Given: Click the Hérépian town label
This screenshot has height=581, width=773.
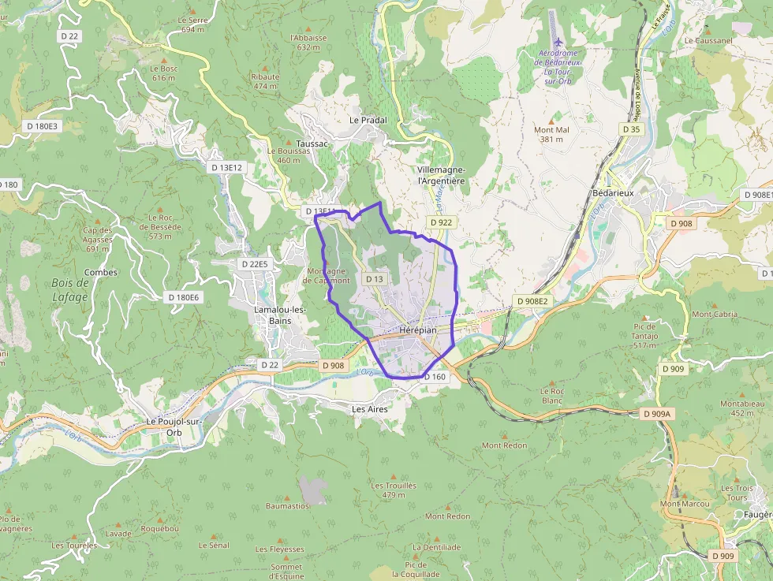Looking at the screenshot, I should coord(417,330).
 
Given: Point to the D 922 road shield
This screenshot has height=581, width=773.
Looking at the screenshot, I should coord(441,222).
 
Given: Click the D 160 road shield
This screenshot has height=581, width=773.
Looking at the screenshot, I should coord(435,377).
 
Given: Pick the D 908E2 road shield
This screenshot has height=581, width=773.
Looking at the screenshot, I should coord(532,301).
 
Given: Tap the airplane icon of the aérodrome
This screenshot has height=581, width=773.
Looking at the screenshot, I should coord(558,42).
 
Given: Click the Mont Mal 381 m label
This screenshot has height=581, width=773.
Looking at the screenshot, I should coord(552,134).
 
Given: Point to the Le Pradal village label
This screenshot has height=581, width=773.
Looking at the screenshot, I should coord(368,120).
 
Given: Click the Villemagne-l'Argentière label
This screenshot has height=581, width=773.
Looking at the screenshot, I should coord(441,175).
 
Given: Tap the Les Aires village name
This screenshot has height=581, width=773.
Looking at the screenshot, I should coord(369,409).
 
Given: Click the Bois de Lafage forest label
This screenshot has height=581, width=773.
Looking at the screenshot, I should coord(69,289).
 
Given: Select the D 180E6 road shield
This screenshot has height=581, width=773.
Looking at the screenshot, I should coord(184,297).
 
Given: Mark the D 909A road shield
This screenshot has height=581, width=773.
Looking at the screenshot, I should coord(655,414).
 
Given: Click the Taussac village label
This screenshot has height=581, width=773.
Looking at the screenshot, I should coord(313,144).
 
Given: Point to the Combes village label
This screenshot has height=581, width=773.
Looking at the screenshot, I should coord(100,273).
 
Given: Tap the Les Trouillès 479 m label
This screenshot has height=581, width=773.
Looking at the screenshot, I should coord(394,490).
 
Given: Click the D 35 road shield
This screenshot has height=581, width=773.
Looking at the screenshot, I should coord(631,128).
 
